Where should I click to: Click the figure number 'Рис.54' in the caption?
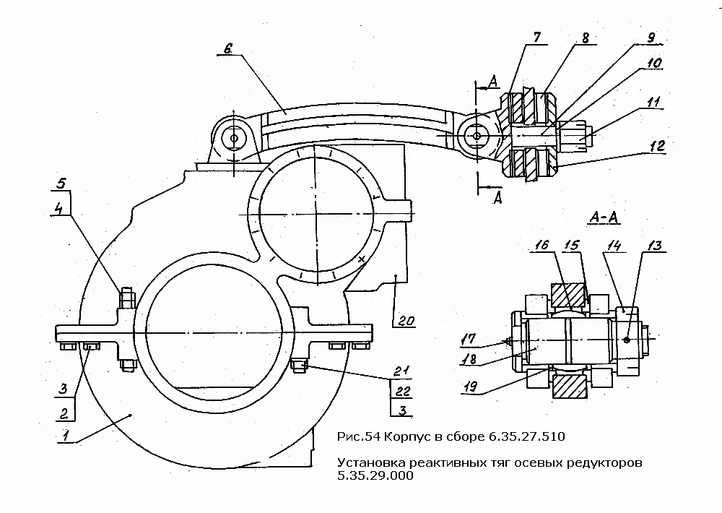pyautogui.click(x=359, y=437)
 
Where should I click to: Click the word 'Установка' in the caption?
pyautogui.click(x=367, y=462)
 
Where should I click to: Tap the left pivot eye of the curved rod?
pyautogui.click(x=233, y=137)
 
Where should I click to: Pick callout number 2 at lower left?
pyautogui.click(x=64, y=414)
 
